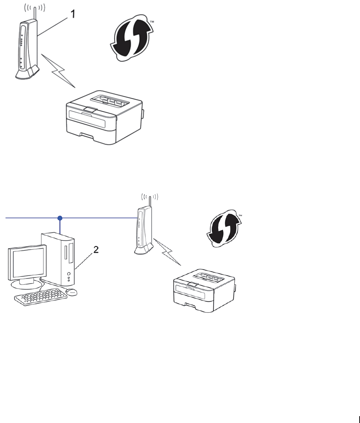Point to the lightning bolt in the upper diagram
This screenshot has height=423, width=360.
(60, 73)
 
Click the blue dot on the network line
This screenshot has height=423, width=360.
(60, 218)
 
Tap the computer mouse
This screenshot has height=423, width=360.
(71, 292)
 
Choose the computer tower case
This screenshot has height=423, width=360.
(60, 258)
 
